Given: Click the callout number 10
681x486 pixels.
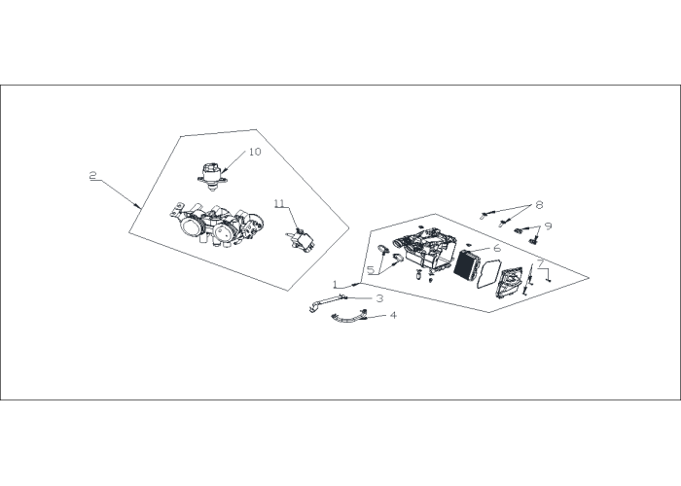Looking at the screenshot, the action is pos(255,152).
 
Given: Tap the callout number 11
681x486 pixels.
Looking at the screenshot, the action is pos(279,203).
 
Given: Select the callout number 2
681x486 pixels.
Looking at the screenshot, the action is pos(93,176).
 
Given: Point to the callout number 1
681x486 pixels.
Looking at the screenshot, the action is pos(335,284).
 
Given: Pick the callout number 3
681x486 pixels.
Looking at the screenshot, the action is pos(380,298).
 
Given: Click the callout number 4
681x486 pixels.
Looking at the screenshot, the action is pos(393,315).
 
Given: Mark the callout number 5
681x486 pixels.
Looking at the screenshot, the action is pos(371,270).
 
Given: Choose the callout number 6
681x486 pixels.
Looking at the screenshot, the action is pos(497,248).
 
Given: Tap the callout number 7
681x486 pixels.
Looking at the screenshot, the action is pos(541,263).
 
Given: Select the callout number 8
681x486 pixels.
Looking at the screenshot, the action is pos(539,204).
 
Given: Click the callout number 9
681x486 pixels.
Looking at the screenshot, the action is pos(548,226).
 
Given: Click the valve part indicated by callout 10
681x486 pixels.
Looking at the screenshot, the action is pos(212,177).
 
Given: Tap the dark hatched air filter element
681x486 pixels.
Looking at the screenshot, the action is pos(466,264).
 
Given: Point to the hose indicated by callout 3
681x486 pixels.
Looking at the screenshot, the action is pos(327,301).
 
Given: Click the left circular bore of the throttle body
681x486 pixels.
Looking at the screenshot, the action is pos(190,226).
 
